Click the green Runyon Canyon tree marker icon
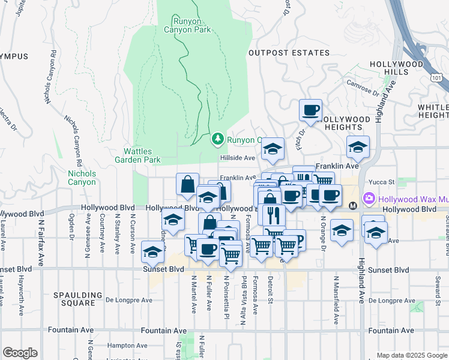pyautogui.click(x=217, y=139)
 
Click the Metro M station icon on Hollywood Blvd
pyautogui.click(x=353, y=205)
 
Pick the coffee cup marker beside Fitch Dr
pyautogui.click(x=310, y=110)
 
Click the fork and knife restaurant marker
pyautogui.click(x=273, y=214)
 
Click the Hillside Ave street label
pyautogui.click(x=238, y=158)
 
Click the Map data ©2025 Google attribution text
pyautogui.click(x=411, y=355)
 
